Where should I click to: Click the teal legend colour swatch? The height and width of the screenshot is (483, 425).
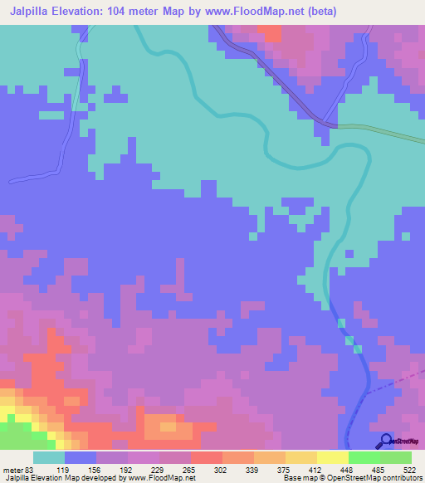coord(49,457)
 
